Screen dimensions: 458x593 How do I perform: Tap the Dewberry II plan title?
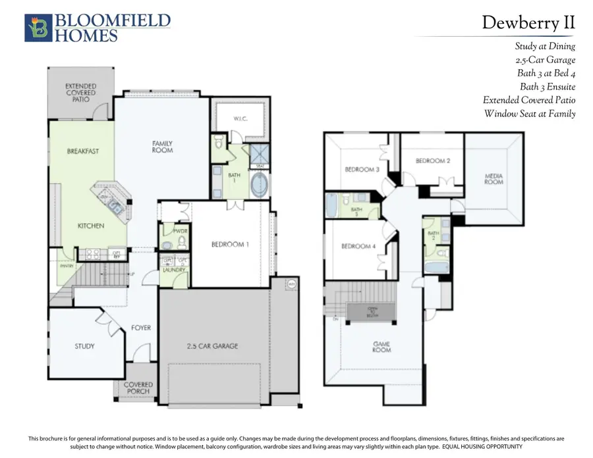coord(528,22)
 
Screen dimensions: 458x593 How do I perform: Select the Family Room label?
coord(162,146)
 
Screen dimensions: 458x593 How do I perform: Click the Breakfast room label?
coord(83,151)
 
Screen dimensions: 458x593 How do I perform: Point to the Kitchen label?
coord(91,226)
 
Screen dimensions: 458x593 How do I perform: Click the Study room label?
coord(84,346)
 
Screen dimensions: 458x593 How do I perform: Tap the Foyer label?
coord(140,326)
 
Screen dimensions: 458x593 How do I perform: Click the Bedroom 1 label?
coord(231,244)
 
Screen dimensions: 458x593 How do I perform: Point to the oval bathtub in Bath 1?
coord(259,186)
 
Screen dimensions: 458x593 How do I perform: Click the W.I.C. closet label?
coord(240,119)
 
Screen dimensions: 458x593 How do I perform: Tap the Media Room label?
coord(494,179)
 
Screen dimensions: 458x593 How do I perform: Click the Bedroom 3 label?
coord(362,169)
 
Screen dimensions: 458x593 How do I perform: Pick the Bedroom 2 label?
coord(433,161)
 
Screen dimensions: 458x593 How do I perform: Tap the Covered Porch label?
coord(138,388)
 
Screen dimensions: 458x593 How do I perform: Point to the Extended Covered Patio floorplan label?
coord(80,93)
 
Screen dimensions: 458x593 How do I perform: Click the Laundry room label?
coord(173,270)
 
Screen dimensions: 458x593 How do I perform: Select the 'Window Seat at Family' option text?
coord(530,114)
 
